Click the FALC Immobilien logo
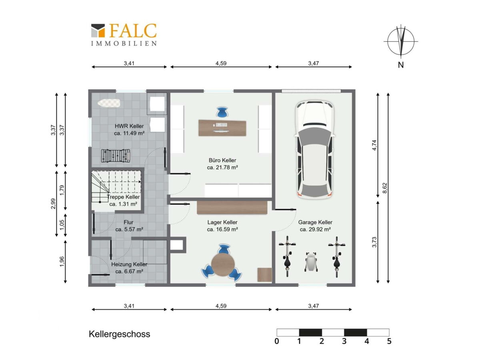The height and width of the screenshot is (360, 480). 124,35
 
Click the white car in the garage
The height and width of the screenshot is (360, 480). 314,150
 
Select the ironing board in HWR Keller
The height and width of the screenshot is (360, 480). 109,103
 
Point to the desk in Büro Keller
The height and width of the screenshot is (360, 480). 222,128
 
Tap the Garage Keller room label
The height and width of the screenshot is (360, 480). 315,226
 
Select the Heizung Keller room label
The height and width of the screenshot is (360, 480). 129,268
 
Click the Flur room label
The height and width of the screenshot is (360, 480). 129,226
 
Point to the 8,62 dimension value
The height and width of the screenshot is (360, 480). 385,188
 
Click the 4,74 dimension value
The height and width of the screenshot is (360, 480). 374,145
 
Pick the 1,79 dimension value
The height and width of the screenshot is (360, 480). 62,190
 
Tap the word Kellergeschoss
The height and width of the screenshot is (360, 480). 119,334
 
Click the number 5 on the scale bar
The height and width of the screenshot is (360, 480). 389,341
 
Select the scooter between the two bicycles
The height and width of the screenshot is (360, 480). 311,262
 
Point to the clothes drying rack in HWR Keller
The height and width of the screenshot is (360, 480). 116,156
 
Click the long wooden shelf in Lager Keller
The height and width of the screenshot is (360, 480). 232,208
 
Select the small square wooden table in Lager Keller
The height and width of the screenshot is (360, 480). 265,275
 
